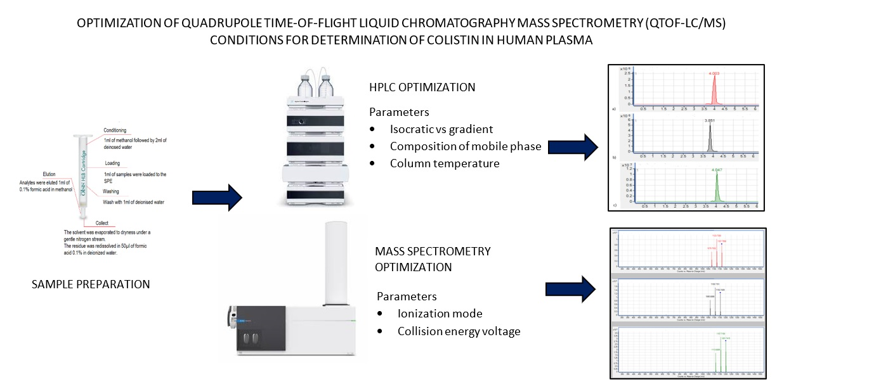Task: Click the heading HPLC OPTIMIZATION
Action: tap(422, 87)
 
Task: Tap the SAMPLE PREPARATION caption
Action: tap(91, 284)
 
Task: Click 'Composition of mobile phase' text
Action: tap(466, 146)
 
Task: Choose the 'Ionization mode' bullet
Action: tap(440, 314)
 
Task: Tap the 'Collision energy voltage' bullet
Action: tap(459, 331)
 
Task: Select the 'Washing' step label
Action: tap(111, 191)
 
